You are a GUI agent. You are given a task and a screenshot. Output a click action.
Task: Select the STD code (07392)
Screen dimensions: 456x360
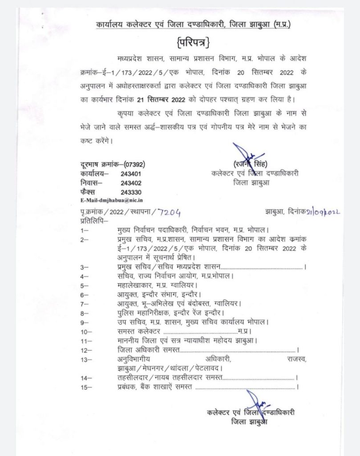132,164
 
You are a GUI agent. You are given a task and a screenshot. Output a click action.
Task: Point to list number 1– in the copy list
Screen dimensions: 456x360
83,230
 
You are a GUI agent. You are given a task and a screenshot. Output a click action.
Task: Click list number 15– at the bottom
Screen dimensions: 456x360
85,388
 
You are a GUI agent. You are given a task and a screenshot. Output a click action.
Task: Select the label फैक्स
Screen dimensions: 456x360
89,192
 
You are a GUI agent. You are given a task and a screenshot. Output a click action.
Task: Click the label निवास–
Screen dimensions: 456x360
91,183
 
